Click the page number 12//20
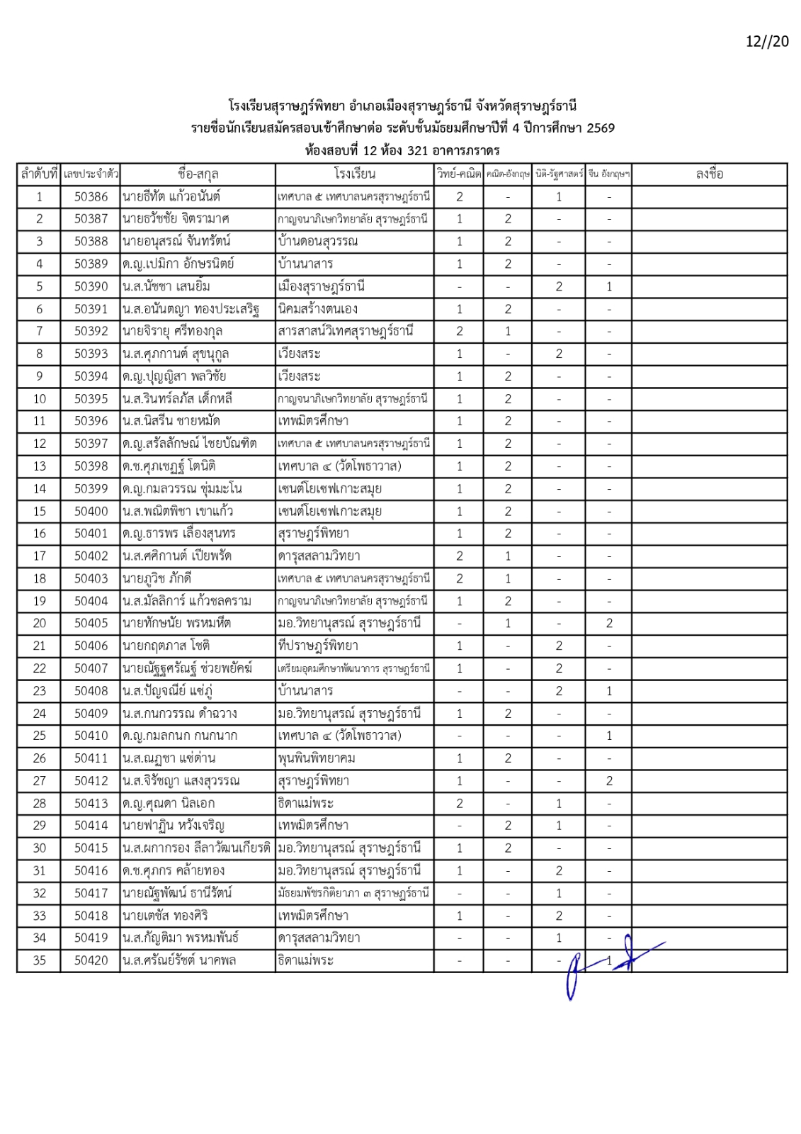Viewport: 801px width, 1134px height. (x=766, y=41)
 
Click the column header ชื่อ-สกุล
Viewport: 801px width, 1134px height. (x=198, y=174)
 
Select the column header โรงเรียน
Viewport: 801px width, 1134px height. (x=355, y=174)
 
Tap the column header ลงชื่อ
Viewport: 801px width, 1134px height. (x=709, y=174)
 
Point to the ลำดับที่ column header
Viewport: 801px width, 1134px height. (x=39, y=174)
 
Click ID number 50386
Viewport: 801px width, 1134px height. (x=91, y=197)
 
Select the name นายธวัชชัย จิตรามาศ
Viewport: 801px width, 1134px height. (x=176, y=219)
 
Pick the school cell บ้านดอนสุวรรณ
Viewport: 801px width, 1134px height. (x=318, y=242)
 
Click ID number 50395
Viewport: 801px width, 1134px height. (x=91, y=399)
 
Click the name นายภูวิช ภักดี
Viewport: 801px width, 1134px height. (x=157, y=578)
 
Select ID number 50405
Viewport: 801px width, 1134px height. (x=91, y=624)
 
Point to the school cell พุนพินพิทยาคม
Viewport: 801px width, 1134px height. (x=317, y=758)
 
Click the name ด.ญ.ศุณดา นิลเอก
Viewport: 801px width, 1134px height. (x=169, y=804)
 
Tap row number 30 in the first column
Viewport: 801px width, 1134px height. (x=40, y=848)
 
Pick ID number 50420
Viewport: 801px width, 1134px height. (x=91, y=961)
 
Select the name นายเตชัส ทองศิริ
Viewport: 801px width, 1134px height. (x=165, y=916)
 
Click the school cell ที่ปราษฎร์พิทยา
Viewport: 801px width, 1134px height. (x=318, y=646)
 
